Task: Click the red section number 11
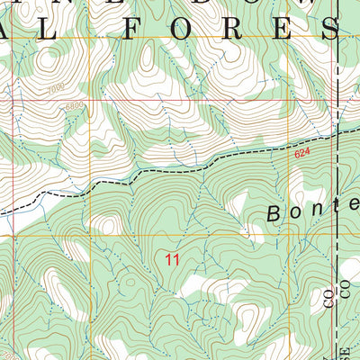[173, 259]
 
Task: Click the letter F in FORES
[134, 28]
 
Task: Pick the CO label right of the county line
[344, 288]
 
